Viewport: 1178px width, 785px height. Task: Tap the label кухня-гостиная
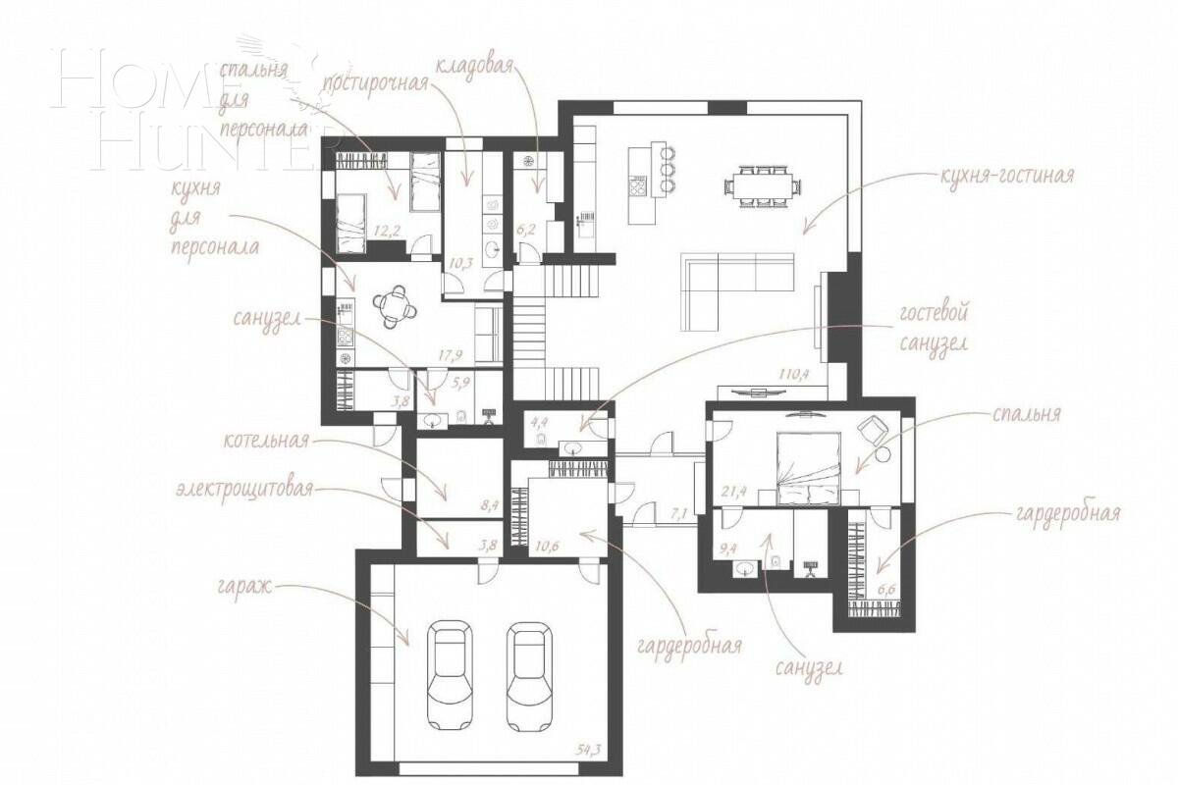coord(1006,177)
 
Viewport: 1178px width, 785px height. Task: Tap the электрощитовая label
coord(244,488)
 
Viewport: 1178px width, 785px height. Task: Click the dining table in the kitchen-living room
coord(758,184)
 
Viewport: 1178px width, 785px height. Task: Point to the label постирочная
coord(376,81)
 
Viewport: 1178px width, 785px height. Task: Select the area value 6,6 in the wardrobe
coord(886,590)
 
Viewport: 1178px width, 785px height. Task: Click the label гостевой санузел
coord(934,328)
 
